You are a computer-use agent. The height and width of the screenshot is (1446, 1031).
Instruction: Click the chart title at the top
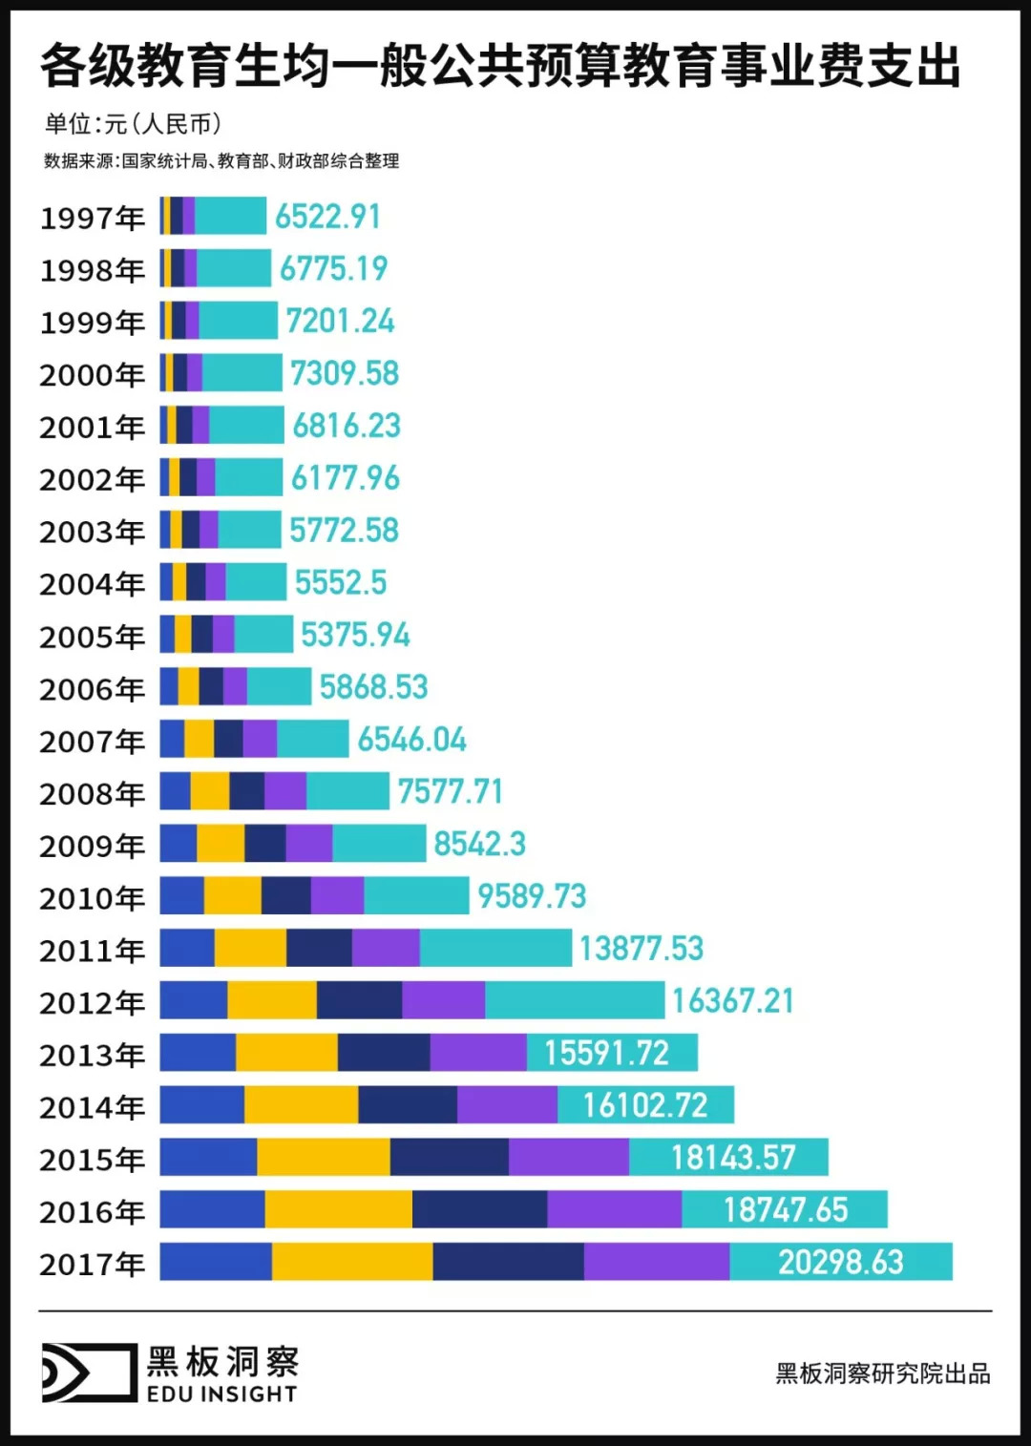500,66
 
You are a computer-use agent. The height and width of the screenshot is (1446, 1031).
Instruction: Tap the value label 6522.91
327,217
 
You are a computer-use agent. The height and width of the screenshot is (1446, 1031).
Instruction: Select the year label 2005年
92,637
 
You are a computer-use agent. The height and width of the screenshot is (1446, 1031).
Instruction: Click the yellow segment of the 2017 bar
351,1262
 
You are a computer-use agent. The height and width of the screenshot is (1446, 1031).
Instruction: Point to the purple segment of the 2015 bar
568,1157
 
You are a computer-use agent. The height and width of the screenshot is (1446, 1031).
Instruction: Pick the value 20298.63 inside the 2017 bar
840,1262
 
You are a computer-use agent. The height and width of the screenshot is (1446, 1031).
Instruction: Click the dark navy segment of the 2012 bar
359,1000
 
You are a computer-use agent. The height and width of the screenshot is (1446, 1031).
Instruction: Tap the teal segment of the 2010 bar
416,895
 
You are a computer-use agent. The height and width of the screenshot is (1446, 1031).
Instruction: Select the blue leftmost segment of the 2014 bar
201,1105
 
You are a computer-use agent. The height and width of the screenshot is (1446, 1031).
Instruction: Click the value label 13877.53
641,948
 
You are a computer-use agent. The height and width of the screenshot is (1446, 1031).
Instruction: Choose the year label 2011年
92,951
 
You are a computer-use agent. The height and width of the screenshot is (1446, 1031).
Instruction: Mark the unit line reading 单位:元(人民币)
133,124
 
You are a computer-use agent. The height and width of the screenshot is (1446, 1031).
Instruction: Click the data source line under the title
221,161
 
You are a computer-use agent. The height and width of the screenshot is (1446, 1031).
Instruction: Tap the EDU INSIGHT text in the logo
221,1394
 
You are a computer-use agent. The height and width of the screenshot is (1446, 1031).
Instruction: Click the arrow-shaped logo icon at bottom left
89,1373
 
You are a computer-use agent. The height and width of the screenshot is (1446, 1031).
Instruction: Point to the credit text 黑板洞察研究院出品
882,1373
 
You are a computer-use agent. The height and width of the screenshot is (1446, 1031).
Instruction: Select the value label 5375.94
355,635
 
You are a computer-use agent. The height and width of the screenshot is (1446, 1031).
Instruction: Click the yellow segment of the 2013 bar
286,1053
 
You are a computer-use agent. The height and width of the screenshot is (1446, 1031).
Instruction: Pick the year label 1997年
92,219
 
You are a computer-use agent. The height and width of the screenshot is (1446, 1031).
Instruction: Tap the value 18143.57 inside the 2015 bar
732,1158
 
